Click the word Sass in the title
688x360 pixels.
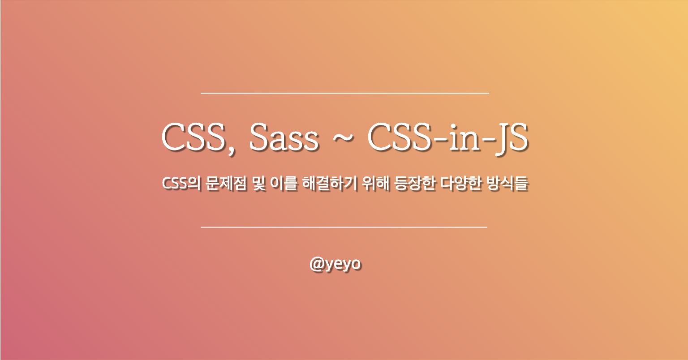click(284, 138)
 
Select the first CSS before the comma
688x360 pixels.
click(193, 138)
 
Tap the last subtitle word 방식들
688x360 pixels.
click(507, 184)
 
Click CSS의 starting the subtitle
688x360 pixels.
click(181, 184)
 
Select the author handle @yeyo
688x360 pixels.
click(335, 264)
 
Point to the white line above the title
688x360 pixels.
click(344, 93)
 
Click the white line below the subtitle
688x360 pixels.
click(344, 227)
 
